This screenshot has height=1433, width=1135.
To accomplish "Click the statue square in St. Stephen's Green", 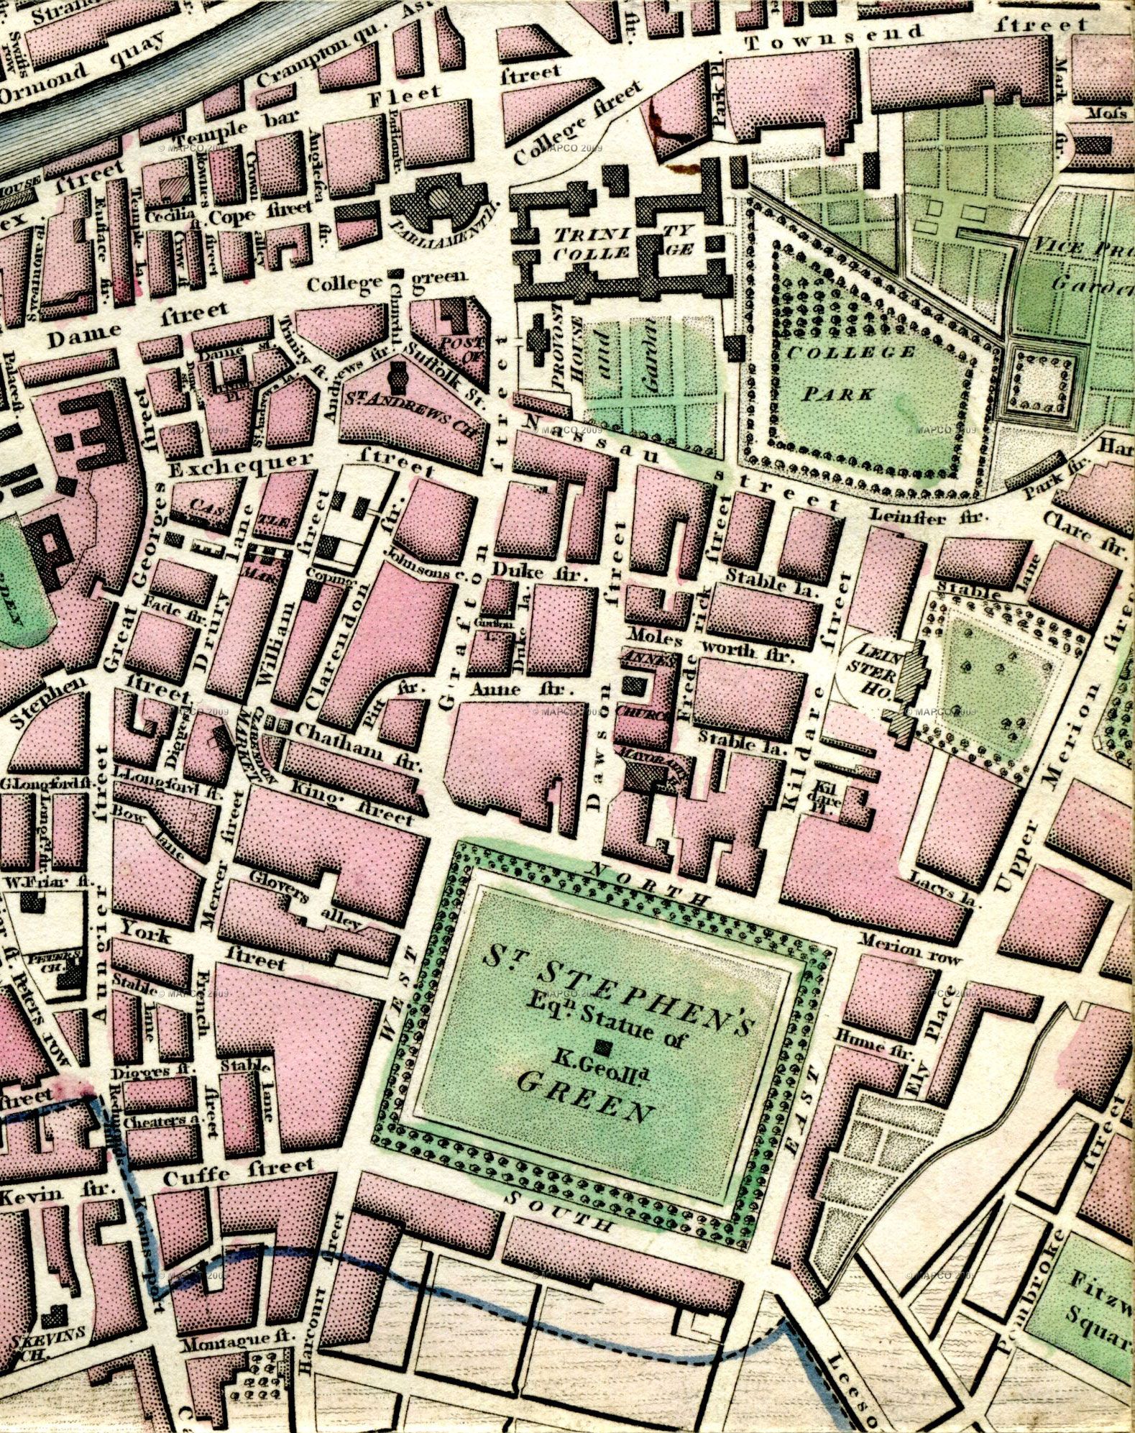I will [605, 1047].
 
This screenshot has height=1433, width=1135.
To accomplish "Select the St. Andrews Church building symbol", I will [397, 375].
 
